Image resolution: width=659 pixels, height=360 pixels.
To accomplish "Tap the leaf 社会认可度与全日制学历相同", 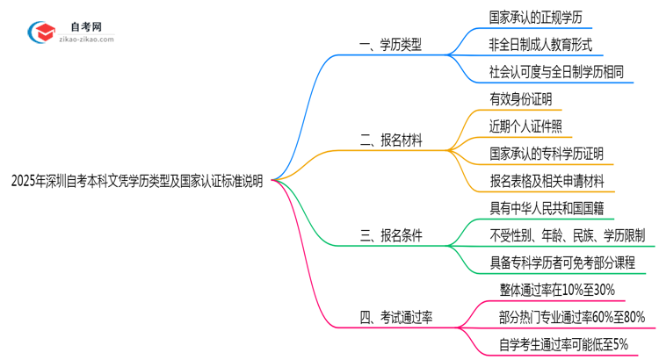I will click(557, 72).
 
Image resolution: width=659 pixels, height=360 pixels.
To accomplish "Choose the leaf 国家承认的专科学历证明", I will click(546, 154).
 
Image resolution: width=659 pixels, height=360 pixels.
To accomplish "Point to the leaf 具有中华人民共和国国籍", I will click(546, 208).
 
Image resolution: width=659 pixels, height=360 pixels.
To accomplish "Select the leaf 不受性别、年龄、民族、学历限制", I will click(568, 235).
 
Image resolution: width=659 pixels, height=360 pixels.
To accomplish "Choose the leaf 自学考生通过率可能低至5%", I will click(559, 344).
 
